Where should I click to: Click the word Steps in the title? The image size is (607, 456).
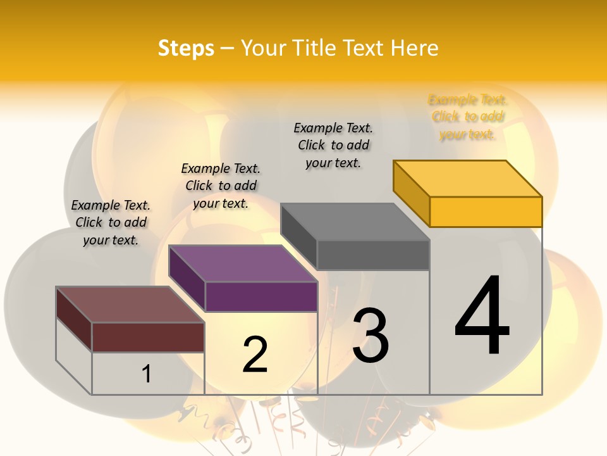[186, 48]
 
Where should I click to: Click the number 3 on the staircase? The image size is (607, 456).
[371, 336]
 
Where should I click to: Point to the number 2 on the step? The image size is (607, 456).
[255, 354]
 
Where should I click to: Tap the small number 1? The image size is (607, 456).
[147, 374]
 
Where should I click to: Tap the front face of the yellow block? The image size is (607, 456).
[486, 212]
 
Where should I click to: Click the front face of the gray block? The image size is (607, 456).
[373, 255]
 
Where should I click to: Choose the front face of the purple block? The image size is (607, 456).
[261, 296]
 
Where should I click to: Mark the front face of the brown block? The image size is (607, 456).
[148, 337]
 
